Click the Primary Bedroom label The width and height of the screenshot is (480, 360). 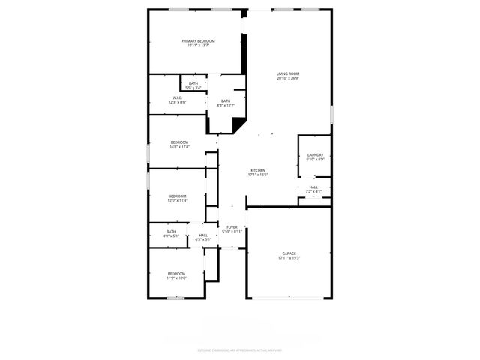tap(198, 40)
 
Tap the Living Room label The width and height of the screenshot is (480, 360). tap(287, 73)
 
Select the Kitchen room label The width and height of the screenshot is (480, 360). tap(258, 170)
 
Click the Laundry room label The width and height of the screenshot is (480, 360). tap(315, 155)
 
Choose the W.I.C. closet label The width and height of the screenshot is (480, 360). tap(177, 97)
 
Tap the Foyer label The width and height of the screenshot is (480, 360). tap(232, 227)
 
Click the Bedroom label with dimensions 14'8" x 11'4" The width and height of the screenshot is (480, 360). tap(179, 142)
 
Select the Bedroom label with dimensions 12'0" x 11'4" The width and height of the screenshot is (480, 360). tap(177, 196)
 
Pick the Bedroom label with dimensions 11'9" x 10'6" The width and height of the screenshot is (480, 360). tap(176, 274)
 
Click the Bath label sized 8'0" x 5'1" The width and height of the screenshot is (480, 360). tap(171, 232)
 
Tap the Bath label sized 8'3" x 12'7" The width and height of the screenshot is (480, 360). tap(226, 101)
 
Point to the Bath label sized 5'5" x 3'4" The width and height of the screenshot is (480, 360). tap(193, 83)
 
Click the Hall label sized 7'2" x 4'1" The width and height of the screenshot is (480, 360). tap(313, 187)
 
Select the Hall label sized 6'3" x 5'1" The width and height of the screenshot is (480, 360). tap(203, 235)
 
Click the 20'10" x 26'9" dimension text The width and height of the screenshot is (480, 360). tap(287, 78)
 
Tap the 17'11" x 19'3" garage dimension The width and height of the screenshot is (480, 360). tap(289, 258)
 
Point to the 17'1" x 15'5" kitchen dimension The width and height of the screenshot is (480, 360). tap(258, 175)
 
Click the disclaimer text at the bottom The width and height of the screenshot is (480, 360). tap(240, 349)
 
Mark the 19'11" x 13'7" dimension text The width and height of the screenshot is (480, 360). tap(198, 45)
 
